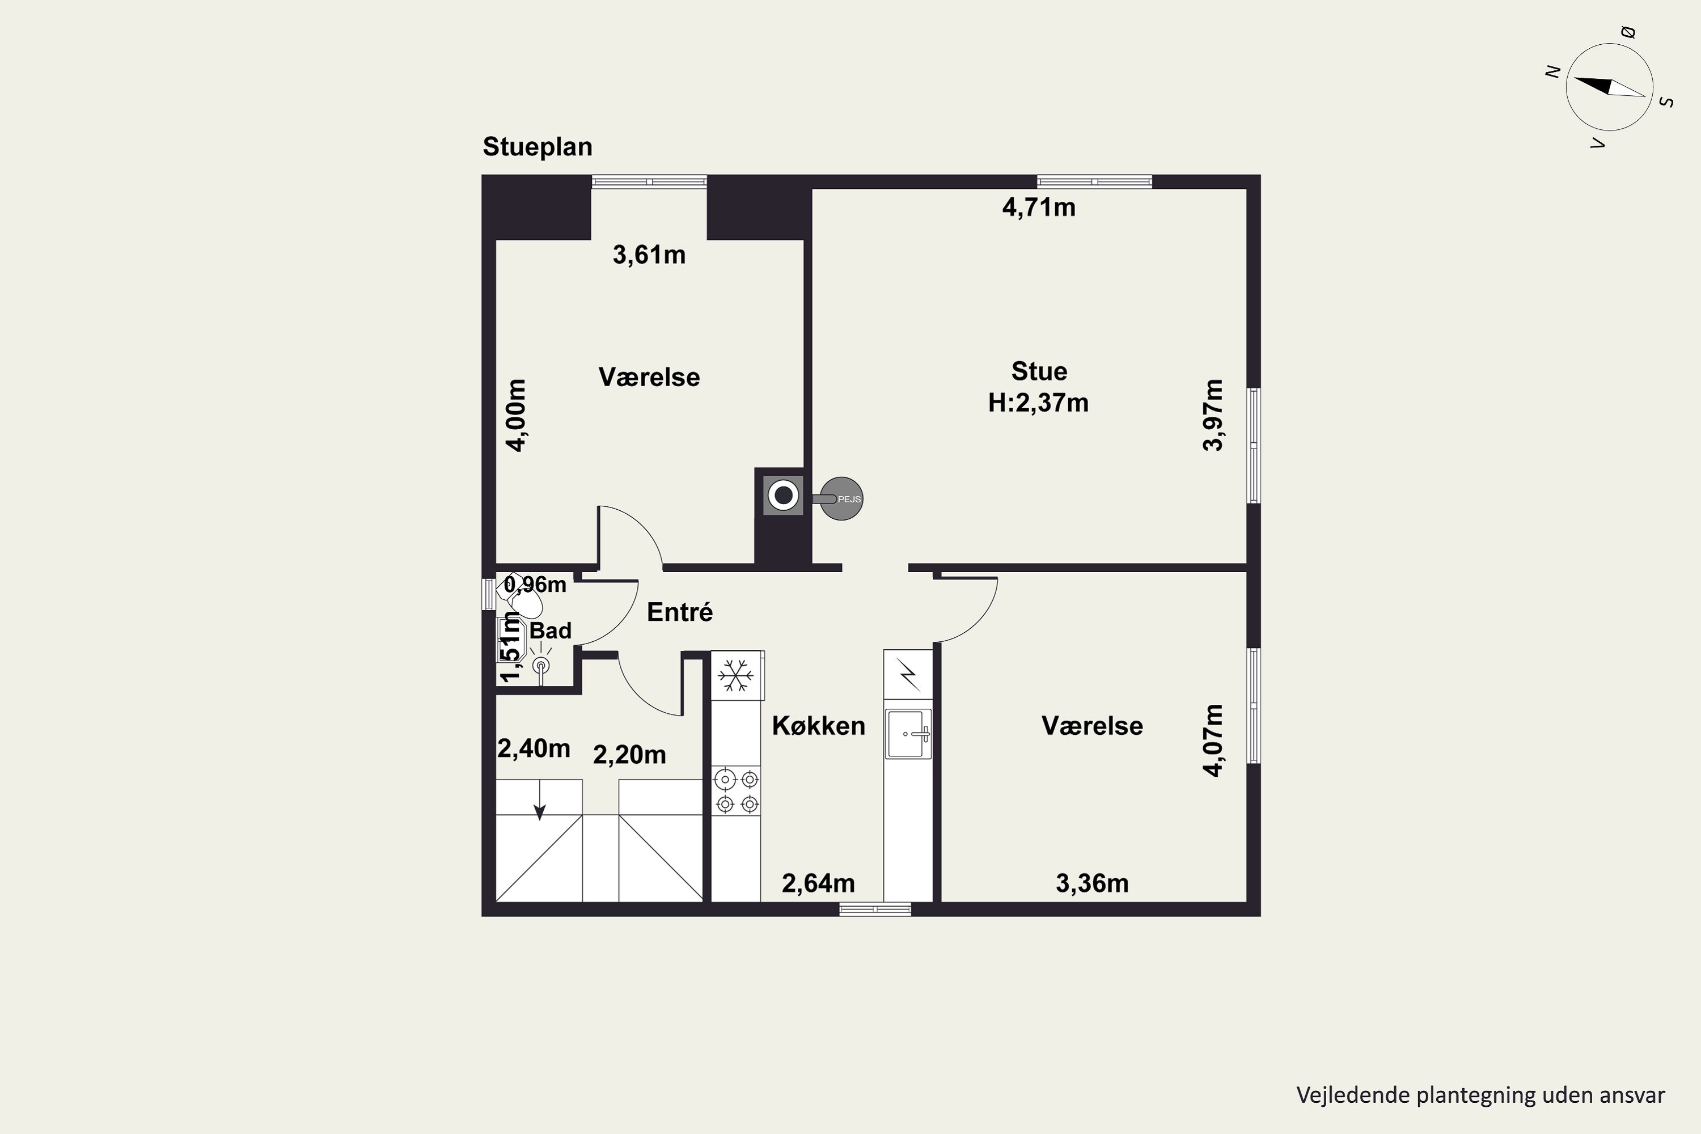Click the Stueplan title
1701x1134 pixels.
coord(538,147)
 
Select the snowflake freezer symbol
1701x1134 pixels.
coord(735,675)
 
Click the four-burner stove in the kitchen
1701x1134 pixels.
coord(736,791)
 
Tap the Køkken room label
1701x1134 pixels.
coord(819,725)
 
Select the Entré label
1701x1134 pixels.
coord(680,612)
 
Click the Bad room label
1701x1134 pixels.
coord(551,631)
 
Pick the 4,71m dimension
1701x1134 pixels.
coord(1039,208)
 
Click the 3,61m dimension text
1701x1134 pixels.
coord(649,255)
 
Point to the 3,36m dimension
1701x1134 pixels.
coord(1092,883)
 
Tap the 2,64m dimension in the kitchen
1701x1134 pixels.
coord(818,883)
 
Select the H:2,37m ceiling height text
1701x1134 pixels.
coord(1039,402)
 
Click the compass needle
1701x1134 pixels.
coord(1609,87)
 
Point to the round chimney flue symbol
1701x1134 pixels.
coord(783,496)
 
